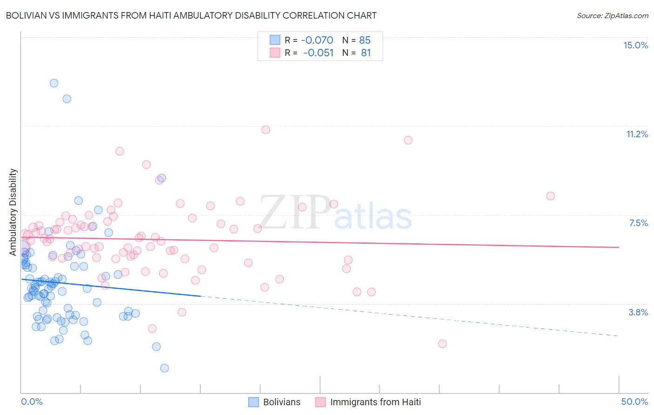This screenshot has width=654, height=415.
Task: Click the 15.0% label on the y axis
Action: coord(635,45)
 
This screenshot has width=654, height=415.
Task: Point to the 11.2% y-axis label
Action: coord(637,134)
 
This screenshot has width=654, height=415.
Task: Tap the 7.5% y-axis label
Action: coord(638,223)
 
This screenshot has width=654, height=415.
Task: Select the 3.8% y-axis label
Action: coord(638,312)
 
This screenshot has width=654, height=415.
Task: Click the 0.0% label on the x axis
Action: coord(32,402)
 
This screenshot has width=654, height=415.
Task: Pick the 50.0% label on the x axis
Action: coord(634,402)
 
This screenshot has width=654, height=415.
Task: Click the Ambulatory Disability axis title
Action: coord(13,212)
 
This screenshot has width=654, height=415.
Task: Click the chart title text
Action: coord(191,15)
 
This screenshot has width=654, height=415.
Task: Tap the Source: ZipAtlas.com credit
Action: coord(612,15)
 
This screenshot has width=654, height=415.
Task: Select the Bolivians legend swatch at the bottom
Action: coord(254,402)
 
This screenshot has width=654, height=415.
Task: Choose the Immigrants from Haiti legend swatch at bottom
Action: coord(320,402)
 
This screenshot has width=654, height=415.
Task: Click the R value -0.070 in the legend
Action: coord(317,40)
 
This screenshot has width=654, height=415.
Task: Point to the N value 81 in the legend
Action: coord(366,53)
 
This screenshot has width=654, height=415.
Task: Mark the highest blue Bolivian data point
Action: coord(54,83)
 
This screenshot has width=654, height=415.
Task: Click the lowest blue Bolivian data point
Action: coord(164,368)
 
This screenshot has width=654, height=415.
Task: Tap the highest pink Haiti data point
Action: coord(266,130)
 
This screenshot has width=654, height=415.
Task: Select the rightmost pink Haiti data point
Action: coord(550,196)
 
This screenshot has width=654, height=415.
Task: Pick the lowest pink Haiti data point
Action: coord(442,344)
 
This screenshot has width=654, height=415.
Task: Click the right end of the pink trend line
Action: coord(619,248)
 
